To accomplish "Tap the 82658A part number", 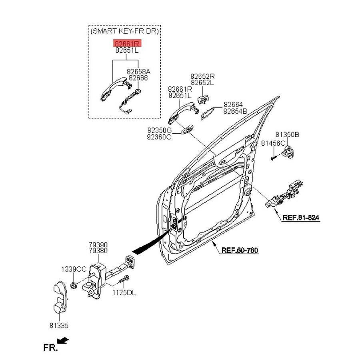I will (x=138, y=72).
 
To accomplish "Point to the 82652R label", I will (x=202, y=76).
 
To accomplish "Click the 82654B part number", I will (x=235, y=111).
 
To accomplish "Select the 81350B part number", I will (x=287, y=135).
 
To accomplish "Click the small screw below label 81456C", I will (x=273, y=157).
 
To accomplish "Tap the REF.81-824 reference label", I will (x=301, y=218).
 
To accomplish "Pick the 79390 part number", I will (x=98, y=244).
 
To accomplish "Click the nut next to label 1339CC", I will (x=73, y=285).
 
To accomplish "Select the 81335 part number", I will (x=59, y=326).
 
